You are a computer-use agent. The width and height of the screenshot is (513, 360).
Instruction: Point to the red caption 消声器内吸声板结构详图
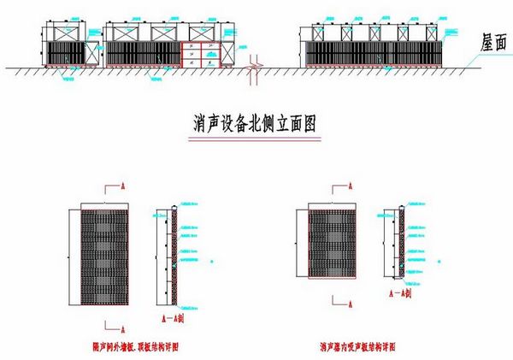click(x=359, y=346)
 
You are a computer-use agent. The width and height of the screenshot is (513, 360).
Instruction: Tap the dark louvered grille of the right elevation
click(x=372, y=53)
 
